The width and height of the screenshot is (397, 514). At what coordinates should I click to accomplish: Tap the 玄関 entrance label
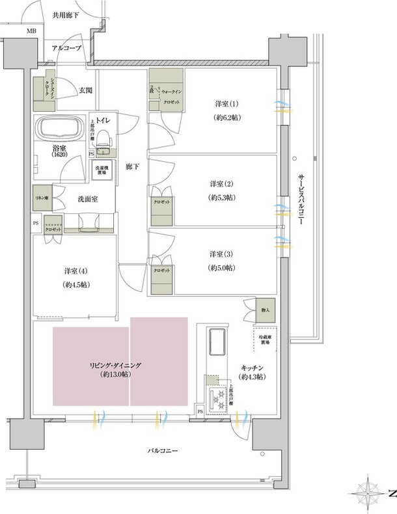[86, 91]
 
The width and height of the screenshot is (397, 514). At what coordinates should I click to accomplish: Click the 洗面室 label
[88, 199]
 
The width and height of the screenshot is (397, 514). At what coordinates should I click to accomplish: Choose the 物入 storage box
[266, 311]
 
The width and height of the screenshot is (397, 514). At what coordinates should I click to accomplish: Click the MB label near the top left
[31, 31]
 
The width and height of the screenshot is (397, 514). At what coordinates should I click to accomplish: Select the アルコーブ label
[66, 47]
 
